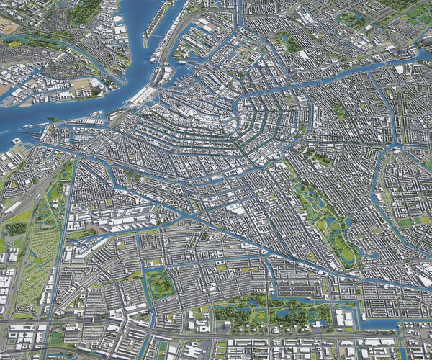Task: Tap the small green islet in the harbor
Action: click(52, 120)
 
